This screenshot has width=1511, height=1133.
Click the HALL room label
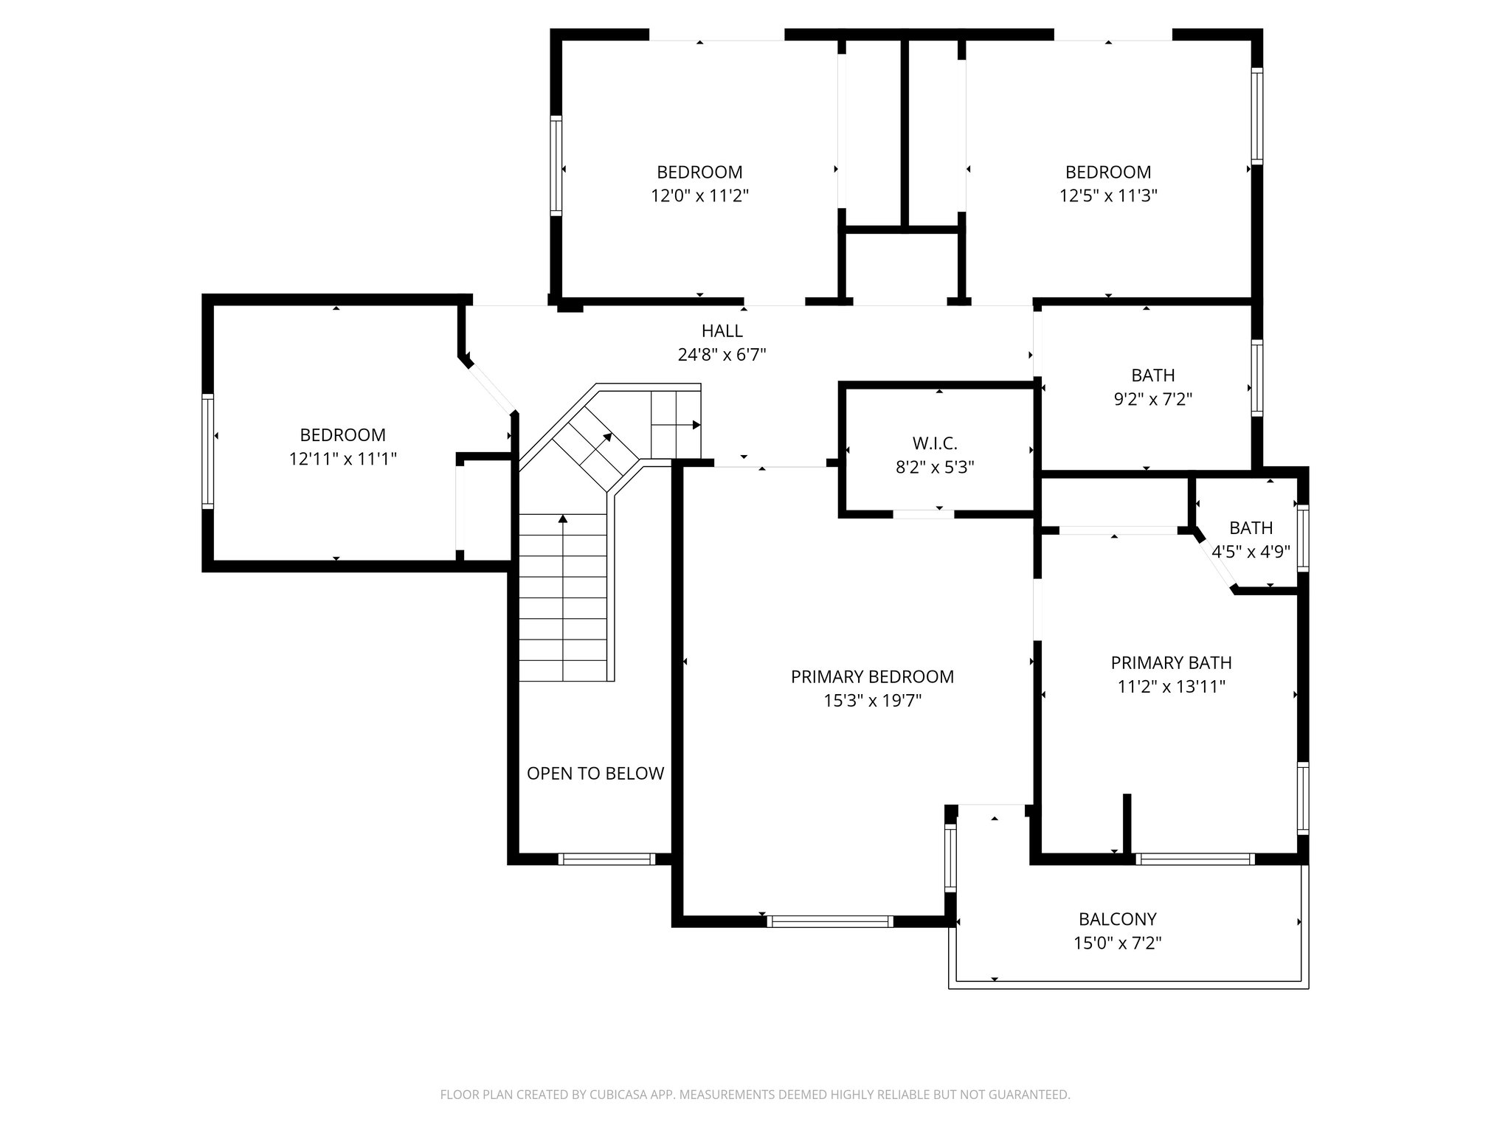[722, 331]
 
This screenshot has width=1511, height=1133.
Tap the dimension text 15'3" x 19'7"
[872, 701]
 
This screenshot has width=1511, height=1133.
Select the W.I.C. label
[935, 443]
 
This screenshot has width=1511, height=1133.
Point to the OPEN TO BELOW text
[595, 773]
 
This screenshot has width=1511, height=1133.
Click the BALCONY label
[1117, 919]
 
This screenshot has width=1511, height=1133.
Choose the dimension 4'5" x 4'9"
[1251, 552]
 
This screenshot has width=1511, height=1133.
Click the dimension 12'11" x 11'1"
[342, 459]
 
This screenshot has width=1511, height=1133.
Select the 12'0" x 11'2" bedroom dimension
[699, 195]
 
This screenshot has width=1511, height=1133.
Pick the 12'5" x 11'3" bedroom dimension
[1107, 195]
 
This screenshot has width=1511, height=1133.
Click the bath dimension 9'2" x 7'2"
[1152, 399]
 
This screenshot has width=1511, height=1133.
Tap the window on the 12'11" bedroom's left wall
[208, 451]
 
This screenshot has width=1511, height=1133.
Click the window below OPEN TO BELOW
[606, 859]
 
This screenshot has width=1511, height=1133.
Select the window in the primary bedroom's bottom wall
[829, 921]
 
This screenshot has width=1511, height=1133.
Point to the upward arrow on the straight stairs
[563, 519]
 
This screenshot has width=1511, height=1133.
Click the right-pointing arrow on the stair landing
[696, 425]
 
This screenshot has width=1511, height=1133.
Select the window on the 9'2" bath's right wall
[1256, 377]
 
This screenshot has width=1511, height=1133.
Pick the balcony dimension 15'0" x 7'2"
[1117, 943]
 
